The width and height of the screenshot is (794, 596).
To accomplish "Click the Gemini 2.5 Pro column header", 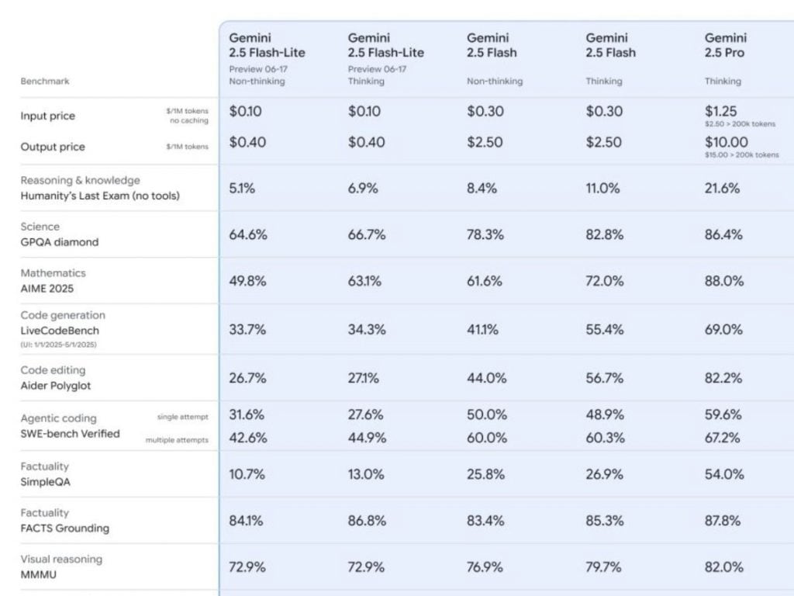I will point(725,45).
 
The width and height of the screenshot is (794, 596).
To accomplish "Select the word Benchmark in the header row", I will point(44,81).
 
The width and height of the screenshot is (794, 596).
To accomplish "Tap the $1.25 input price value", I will point(721,111).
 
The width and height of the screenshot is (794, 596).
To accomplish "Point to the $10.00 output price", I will point(727,142).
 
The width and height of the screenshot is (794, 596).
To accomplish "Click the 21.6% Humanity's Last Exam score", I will point(722,188).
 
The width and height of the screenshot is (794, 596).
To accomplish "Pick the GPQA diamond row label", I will point(60,242).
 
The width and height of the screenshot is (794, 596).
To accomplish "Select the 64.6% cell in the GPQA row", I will point(248,234).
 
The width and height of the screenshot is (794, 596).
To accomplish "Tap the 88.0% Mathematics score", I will point(723,281).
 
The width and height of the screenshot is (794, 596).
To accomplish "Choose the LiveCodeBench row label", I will point(60,331).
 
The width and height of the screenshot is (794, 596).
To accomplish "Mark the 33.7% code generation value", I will point(247,329).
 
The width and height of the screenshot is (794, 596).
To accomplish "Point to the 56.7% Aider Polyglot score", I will point(604,378).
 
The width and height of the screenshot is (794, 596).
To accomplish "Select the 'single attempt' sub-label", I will point(182,418).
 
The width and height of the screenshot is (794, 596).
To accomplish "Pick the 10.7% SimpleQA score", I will point(247,473).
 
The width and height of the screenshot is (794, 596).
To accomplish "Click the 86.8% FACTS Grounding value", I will point(367,520).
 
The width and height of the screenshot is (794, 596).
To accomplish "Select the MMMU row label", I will point(39,575).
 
